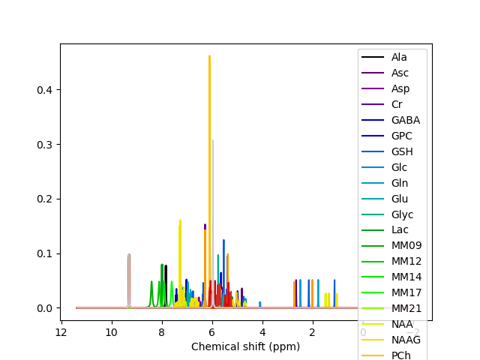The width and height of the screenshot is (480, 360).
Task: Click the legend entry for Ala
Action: point(399,57)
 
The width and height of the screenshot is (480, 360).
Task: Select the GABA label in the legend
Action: point(405,120)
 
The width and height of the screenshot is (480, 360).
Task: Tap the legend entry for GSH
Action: point(402,151)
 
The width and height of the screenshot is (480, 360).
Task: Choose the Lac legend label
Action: point(400,230)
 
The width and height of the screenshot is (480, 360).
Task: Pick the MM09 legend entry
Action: point(406,246)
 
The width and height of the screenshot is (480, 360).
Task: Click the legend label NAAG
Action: point(406,340)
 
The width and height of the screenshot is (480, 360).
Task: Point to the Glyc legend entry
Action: point(402,214)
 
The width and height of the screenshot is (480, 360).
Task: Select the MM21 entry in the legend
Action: point(405,309)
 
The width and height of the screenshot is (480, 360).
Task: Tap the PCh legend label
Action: point(400,355)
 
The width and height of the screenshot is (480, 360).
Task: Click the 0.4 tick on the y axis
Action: point(44,89)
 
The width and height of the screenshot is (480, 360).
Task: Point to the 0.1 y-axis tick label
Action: point(44,253)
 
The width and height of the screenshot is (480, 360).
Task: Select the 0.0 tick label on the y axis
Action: point(44,308)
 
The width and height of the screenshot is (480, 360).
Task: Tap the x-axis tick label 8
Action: point(161,332)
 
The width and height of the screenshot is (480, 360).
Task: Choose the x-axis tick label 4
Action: point(262,332)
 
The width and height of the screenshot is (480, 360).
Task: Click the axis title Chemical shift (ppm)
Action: point(245,346)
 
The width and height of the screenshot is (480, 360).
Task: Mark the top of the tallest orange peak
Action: point(209,56)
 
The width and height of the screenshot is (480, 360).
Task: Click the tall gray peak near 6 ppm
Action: point(212,141)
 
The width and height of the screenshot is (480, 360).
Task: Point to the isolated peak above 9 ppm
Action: point(129,255)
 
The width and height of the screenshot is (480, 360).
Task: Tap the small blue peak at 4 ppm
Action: point(260,303)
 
